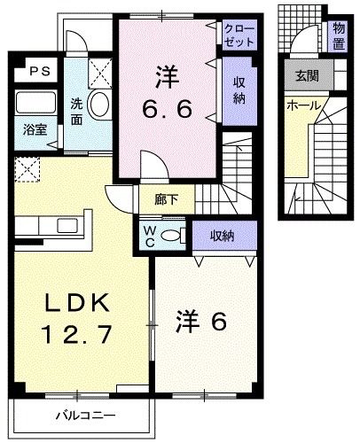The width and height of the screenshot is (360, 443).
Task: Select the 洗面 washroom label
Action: pos(78,111)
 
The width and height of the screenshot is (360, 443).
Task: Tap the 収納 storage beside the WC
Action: pos(222,235)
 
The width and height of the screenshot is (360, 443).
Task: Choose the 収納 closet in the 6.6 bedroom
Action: pos(239,89)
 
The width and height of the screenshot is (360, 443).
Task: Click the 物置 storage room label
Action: pos(339,36)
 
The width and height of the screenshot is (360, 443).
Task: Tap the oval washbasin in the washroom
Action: pos(98,105)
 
